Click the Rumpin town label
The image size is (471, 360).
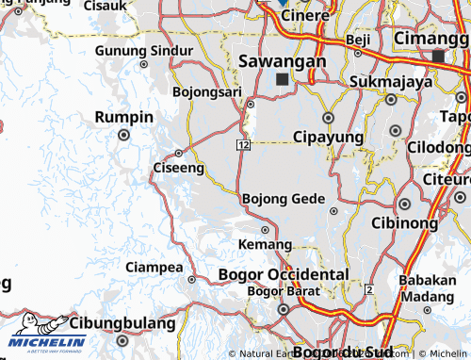[x=123, y=116]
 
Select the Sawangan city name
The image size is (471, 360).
[x=283, y=60]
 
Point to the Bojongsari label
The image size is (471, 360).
[x=208, y=91]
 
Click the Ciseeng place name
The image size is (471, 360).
[x=178, y=168]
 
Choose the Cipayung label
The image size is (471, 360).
[x=329, y=137]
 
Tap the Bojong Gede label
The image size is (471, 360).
[x=284, y=199]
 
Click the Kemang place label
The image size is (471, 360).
[x=260, y=244]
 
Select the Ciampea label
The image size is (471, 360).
[x=154, y=267]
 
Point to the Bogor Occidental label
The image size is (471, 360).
[x=283, y=273]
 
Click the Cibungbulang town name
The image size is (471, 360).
[x=123, y=322]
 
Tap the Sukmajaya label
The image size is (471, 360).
[x=390, y=81]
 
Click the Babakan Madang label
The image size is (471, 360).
[x=427, y=286]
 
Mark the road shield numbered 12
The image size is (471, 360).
[x=243, y=143]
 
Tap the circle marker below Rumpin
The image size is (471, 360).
[x=123, y=135]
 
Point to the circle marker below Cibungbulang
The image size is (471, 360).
[x=122, y=340]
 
